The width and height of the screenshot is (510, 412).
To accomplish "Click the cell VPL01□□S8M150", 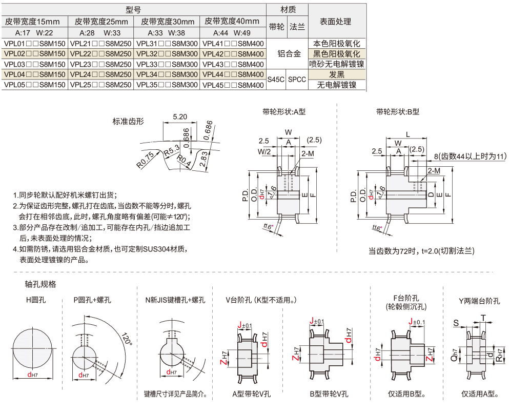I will click(x=34, y=44).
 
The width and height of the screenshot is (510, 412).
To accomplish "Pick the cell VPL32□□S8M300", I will click(x=167, y=54).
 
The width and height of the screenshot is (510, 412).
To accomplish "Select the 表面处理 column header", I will click(x=336, y=22).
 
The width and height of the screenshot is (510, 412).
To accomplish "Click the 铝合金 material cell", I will click(x=289, y=54).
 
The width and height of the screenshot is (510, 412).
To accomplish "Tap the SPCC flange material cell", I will click(x=297, y=80).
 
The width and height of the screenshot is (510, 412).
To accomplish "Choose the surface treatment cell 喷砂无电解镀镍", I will click(x=336, y=64).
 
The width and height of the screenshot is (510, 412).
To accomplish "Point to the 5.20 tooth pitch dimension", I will click(x=180, y=116).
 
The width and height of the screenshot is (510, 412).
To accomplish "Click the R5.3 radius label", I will click(x=171, y=150).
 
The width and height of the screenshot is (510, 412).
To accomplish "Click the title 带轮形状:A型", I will click(x=283, y=111).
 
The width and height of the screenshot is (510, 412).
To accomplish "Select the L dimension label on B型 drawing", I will click(x=407, y=133).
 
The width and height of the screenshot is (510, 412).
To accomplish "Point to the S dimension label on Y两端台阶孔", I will click(x=456, y=323).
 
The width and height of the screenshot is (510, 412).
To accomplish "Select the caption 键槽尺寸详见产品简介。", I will click(x=175, y=394).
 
